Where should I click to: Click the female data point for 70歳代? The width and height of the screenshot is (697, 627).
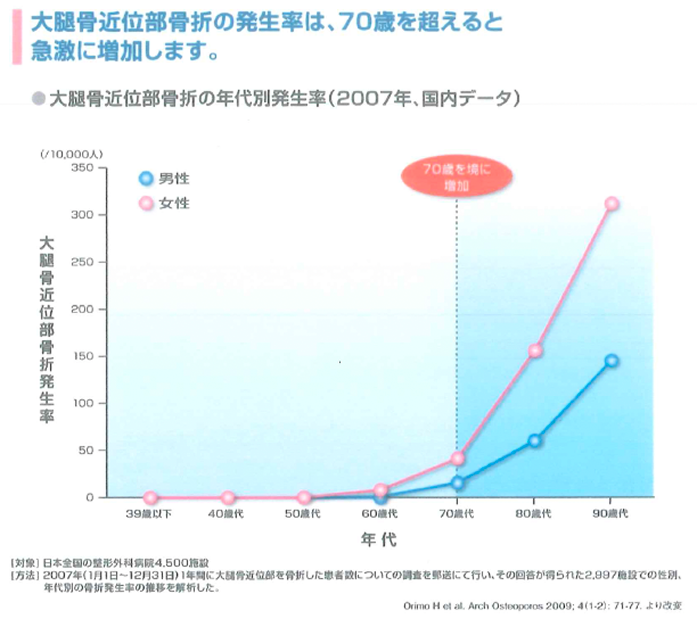pyautogui.click(x=458, y=458)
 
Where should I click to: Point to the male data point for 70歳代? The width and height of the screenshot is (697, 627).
pyautogui.click(x=458, y=483)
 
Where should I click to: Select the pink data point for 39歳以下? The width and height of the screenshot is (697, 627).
pyautogui.click(x=151, y=498)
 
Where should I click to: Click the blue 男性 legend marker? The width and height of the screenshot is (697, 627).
pyautogui.click(x=146, y=178)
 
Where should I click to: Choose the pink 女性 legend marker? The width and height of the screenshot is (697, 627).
pyautogui.click(x=146, y=203)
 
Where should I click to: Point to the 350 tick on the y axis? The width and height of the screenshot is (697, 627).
pyautogui.click(x=82, y=168)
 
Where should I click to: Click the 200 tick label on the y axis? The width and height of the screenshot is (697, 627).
pyautogui.click(x=82, y=309)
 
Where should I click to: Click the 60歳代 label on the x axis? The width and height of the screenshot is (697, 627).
pyautogui.click(x=380, y=514)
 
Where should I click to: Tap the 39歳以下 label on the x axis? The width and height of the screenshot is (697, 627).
pyautogui.click(x=149, y=514)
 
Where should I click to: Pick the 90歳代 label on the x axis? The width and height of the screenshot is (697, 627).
pyautogui.click(x=610, y=514)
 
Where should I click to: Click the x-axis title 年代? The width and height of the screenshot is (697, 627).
pyautogui.click(x=379, y=539)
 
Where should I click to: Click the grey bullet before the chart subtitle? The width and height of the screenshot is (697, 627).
pyautogui.click(x=39, y=99)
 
